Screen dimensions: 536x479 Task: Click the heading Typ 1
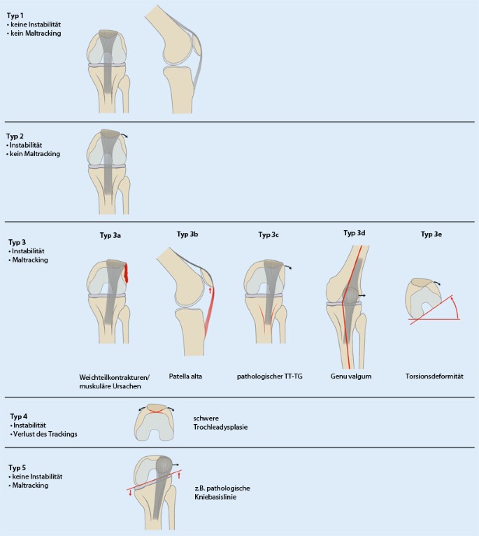16,15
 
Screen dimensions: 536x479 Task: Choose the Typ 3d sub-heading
355,232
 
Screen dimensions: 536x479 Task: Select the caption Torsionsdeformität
436,376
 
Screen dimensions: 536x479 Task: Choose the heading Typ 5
17,466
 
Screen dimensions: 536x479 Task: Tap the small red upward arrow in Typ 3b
209,289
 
